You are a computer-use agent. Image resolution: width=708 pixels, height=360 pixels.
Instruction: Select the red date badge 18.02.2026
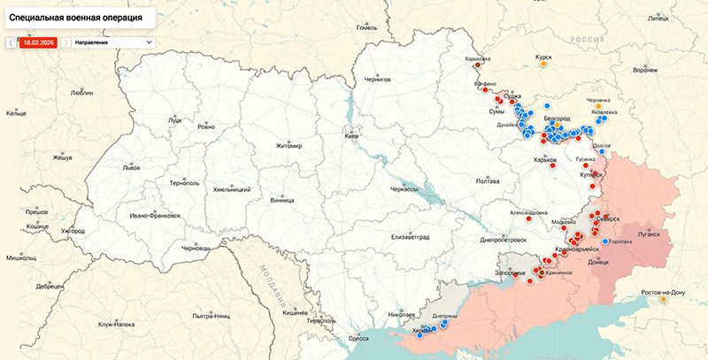click(38, 42)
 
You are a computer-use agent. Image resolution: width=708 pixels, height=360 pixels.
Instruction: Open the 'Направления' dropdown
click(113, 42)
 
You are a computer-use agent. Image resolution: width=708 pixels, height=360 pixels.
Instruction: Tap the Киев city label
click(352, 138)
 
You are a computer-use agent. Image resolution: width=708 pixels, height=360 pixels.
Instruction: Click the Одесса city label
click(358, 338)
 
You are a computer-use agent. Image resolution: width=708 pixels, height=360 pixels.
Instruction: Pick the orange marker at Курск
click(545, 64)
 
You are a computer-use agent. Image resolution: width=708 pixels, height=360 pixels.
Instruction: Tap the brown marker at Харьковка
click(478, 65)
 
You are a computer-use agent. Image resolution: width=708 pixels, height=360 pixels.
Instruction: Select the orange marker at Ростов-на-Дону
click(663, 299)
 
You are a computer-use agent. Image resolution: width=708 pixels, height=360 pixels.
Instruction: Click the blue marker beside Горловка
click(605, 241)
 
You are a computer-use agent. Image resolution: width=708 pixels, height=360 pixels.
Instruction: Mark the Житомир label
click(289, 146)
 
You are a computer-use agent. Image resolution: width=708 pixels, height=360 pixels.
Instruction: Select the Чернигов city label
click(377, 80)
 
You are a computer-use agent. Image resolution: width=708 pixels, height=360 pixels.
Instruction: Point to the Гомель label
click(366, 27)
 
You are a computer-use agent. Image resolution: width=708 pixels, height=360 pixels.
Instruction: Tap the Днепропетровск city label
click(503, 239)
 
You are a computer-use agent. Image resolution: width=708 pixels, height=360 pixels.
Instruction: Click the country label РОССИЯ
click(586, 40)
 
